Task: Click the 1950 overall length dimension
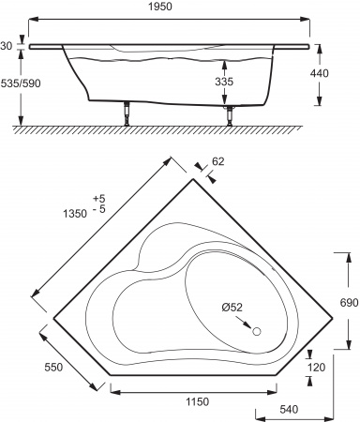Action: coord(160,7)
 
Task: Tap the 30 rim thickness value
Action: coord(6,46)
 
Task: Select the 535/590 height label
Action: coord(21,83)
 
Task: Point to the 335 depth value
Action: coord(224,82)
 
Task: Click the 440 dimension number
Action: coord(319,73)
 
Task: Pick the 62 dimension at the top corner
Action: coord(218,161)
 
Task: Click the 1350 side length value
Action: coord(75,214)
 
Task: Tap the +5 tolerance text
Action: coord(99,199)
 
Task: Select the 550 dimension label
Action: coord(53,367)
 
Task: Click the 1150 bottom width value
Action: coord(197,401)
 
